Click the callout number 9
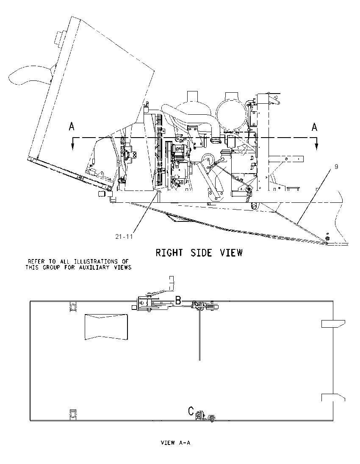(336, 167)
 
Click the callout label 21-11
(124, 236)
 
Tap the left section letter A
(72, 127)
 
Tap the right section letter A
(314, 127)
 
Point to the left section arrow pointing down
(72, 144)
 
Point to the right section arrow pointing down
(316, 144)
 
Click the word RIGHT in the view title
(169, 253)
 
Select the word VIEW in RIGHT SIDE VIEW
(231, 253)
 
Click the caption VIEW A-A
(175, 443)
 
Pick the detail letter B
(178, 300)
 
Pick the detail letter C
(191, 411)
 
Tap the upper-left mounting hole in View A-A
(72, 307)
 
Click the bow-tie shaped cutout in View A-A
(106, 327)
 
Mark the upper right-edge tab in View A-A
(333, 324)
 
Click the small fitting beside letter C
(211, 418)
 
